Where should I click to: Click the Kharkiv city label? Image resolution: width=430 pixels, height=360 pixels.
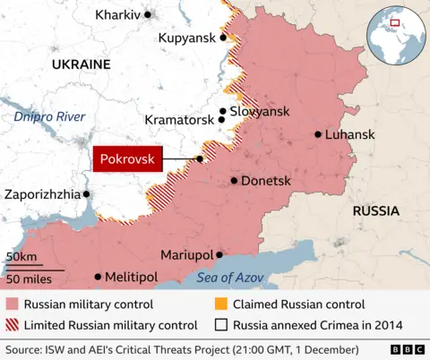pos(118,15)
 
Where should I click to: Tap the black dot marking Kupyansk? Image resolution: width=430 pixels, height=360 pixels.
pos(224,38)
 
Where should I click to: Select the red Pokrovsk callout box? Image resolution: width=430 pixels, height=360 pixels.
pos(127,159)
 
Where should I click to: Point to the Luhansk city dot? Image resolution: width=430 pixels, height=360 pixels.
pos(318,134)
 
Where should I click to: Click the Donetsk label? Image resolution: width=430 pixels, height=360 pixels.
pos(266,181)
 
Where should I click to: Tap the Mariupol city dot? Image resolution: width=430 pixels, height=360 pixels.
pos(219,254)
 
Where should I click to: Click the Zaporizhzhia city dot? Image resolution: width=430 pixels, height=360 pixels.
pos(87,193)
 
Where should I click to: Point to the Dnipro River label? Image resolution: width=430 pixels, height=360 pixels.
pos(49,117)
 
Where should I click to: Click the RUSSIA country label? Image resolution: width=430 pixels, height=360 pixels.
pos(377,211)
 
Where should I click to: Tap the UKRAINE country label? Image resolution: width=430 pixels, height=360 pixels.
pos(81,64)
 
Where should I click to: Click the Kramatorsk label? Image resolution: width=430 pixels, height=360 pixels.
pos(179,119)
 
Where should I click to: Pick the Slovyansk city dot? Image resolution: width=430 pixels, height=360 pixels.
pos(222,111)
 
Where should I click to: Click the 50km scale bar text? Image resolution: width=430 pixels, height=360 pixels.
pos(21,257)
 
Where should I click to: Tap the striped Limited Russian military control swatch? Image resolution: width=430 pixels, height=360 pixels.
pos(12,325)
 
